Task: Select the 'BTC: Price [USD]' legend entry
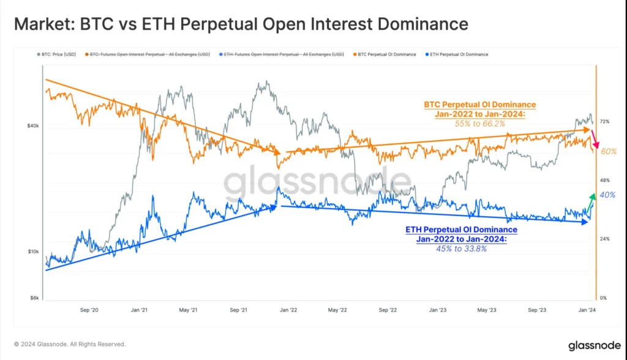click(x=63, y=54)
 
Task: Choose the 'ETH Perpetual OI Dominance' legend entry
click(x=459, y=54)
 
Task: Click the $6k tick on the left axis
click(x=34, y=298)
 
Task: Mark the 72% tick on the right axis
click(x=604, y=122)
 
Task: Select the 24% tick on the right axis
click(x=604, y=239)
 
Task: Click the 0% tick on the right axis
click(x=603, y=298)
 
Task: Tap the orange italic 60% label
click(x=608, y=151)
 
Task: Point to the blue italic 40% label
click(x=607, y=195)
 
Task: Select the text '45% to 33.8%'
click(x=461, y=248)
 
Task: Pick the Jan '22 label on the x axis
click(x=288, y=310)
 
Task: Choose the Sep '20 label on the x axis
click(x=89, y=310)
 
